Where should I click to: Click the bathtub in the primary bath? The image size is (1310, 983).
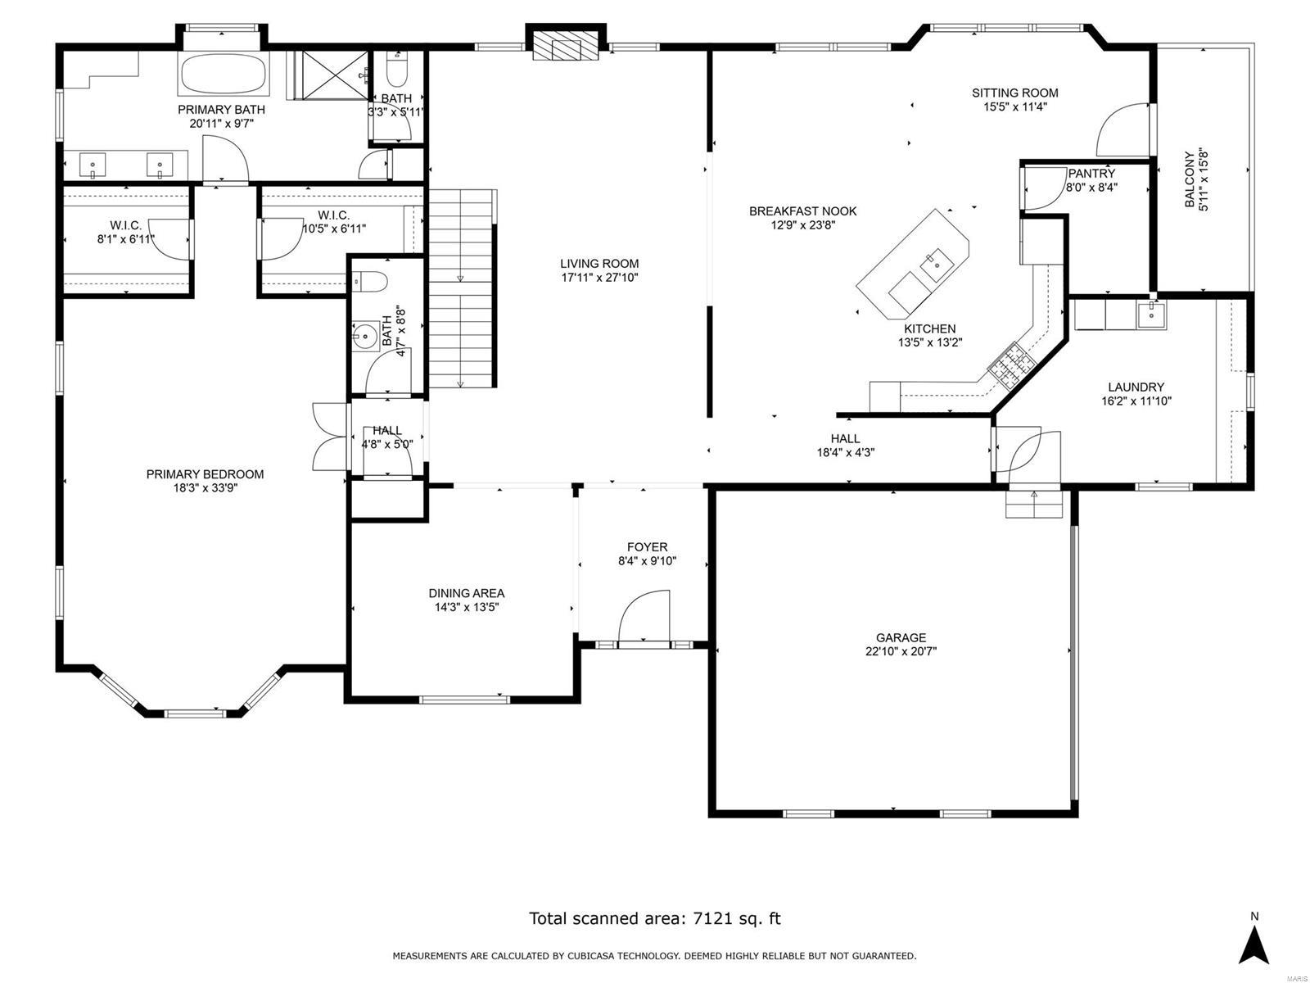tap(222, 75)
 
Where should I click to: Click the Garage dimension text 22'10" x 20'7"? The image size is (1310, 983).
tap(901, 652)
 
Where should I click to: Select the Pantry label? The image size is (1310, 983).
tap(1091, 174)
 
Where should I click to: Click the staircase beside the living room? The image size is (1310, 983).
tap(462, 288)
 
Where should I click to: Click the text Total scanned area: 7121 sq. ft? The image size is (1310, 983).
tap(654, 918)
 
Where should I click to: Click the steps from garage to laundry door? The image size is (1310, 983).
tap(1033, 504)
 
